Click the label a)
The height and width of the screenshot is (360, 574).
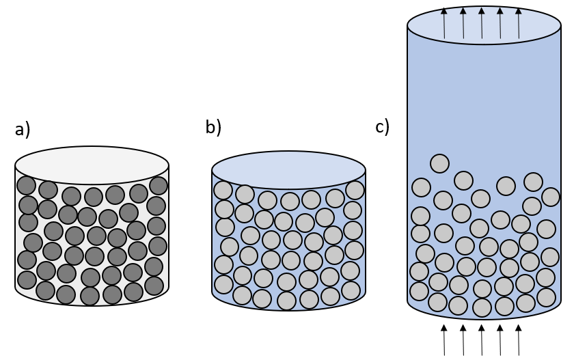pyautogui.click(x=23, y=130)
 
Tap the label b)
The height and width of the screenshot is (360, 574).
pyautogui.click(x=213, y=127)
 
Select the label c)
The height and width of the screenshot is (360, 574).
pyautogui.click(x=383, y=127)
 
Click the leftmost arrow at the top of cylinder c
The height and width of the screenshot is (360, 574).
pyautogui.click(x=444, y=23)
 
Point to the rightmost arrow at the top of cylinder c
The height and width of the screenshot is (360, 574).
pyautogui.click(x=519, y=23)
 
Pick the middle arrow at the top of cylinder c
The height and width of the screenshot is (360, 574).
pyautogui.click(x=481, y=23)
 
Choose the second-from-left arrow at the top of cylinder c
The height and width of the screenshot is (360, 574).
pyautogui.click(x=463, y=23)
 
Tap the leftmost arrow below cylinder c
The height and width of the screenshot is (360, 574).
pyautogui.click(x=444, y=340)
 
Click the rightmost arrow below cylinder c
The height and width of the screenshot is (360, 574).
pyautogui.click(x=519, y=340)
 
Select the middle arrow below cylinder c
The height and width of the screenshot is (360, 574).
pyautogui.click(x=481, y=340)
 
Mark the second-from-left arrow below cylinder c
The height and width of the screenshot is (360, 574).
pyautogui.click(x=463, y=340)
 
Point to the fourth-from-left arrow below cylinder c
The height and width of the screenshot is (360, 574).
pyautogui.click(x=500, y=340)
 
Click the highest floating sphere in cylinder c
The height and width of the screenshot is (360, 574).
pyautogui.click(x=439, y=163)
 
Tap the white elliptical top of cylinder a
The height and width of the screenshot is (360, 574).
pyautogui.click(x=92, y=165)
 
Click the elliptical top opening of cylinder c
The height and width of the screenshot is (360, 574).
pyautogui.click(x=484, y=25)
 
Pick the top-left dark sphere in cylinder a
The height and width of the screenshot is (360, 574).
pyautogui.click(x=27, y=185)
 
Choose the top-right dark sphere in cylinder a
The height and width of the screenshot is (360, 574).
pyautogui.click(x=159, y=186)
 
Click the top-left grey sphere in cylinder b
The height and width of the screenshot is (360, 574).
pyautogui.click(x=223, y=190)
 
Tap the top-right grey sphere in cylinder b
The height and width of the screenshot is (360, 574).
pyautogui.click(x=355, y=190)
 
